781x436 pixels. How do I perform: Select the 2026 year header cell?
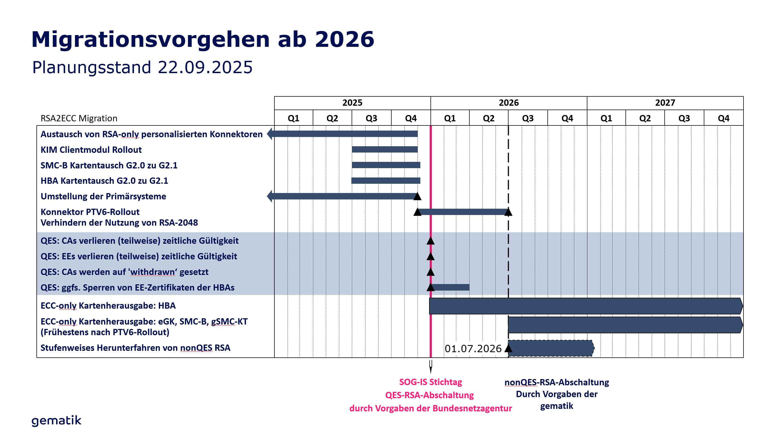[509, 103]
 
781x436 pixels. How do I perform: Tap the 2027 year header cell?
[665, 103]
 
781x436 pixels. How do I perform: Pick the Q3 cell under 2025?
[371, 118]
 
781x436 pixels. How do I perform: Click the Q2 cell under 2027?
[645, 118]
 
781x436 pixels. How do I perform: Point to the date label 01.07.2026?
[473, 349]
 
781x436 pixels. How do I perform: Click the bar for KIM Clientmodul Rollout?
[384, 150]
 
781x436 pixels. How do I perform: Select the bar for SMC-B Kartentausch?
[386, 165]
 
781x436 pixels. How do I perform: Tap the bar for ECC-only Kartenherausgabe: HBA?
[585, 306]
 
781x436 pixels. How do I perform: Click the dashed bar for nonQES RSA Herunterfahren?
[550, 348]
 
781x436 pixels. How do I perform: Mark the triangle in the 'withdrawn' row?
[430, 272]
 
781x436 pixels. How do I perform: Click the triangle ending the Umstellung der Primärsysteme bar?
[418, 196]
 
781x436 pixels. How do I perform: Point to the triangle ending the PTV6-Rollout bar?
[508, 212]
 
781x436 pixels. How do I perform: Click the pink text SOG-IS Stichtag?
[430, 382]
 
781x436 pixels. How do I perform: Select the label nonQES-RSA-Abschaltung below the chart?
[557, 382]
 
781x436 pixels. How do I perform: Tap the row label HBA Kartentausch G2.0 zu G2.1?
[104, 181]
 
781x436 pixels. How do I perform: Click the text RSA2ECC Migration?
[79, 118]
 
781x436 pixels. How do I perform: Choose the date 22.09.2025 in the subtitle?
[205, 67]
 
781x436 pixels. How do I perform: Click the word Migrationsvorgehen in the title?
[150, 39]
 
